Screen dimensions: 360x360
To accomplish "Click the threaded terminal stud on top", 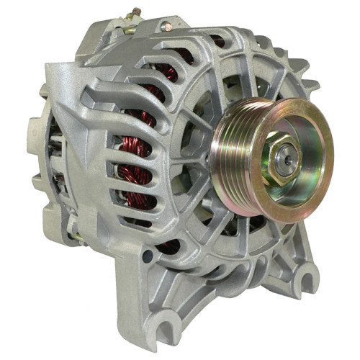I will pos(134,13).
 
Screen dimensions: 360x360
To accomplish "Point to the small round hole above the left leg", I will pos(148,256).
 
